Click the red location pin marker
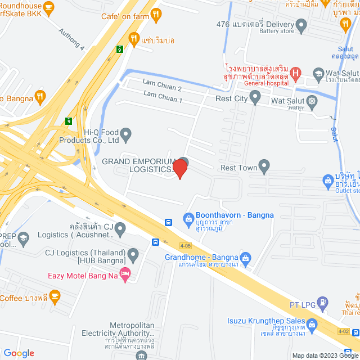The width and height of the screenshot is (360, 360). tap(180, 168)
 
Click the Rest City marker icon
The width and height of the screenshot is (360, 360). tap(255, 99)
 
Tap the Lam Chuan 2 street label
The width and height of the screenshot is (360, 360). tap(162, 89)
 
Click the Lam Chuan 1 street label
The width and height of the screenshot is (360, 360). tap(162, 100)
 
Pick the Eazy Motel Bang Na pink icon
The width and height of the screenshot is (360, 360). tap(125, 275)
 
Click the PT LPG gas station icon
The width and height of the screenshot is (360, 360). tap(322, 304)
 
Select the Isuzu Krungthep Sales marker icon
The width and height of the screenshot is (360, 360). tap(313, 325)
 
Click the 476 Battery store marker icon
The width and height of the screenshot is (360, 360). tap(301, 24)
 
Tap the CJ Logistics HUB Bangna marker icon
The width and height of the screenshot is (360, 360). tap(133, 255)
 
